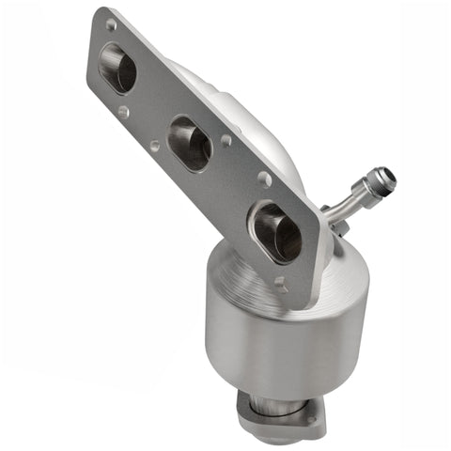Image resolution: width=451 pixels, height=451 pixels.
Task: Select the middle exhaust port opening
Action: [x=190, y=143]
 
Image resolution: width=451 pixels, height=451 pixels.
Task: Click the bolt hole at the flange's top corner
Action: [x=111, y=23]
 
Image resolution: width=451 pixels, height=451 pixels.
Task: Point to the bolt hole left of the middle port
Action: [x=155, y=147]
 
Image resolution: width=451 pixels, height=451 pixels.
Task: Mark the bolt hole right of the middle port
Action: [x=225, y=141]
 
